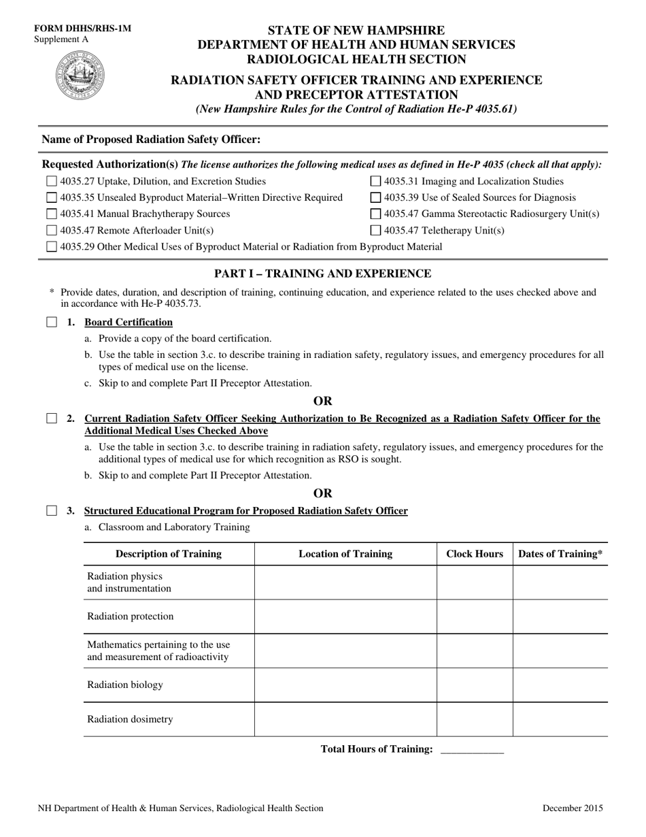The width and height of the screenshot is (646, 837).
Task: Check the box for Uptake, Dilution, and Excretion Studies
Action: [x=52, y=182]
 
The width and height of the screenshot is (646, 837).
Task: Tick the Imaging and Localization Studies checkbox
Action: [x=375, y=182]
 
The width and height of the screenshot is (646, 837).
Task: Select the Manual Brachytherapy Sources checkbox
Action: [x=52, y=214]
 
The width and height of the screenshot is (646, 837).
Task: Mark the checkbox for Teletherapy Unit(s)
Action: [x=375, y=231]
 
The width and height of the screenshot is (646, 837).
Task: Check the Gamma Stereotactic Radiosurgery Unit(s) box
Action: [x=375, y=214]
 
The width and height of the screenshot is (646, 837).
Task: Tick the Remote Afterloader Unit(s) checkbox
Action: [x=52, y=231]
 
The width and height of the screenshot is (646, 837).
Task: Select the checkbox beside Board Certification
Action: [x=52, y=323]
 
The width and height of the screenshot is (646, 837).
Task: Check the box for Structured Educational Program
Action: [x=52, y=511]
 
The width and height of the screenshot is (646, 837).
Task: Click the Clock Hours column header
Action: [x=475, y=554]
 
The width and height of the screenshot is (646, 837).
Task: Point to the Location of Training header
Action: [x=345, y=554]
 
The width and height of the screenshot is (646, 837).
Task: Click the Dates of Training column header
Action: [x=560, y=554]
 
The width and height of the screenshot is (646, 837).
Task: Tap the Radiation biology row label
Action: [x=125, y=685]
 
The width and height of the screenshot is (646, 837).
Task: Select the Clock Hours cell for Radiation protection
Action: [x=475, y=617]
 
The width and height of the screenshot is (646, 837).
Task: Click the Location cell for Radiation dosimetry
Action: [x=345, y=719]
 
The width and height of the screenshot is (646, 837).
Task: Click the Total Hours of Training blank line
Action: [x=472, y=750]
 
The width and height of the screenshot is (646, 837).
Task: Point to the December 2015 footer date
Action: [x=573, y=808]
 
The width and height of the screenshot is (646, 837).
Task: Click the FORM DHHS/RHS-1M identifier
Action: [x=83, y=29]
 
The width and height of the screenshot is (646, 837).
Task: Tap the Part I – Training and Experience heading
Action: [x=322, y=274]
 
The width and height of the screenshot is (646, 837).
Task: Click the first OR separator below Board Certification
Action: [x=323, y=401]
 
